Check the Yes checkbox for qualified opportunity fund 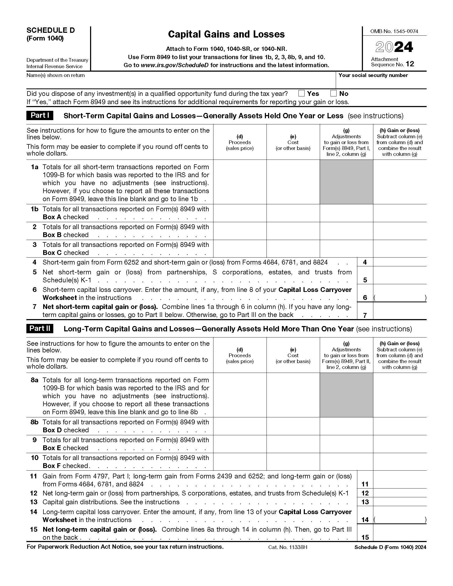pos(301,93)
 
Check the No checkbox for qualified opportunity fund pos(333,93)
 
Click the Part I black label pos(40,115)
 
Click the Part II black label pos(40,328)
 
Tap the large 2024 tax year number pos(394,47)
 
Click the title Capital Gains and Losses pos(226,34)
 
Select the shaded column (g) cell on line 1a pos(346,182)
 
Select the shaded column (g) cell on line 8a pos(346,395)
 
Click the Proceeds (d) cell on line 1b pos(240,213)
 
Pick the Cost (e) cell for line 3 pos(293,249)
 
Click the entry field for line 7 pos(399,311)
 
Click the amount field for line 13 pos(399,502)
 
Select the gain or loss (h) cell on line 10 pos(399,462)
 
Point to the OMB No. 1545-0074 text pos(394,31)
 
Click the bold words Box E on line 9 pos(52,448)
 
